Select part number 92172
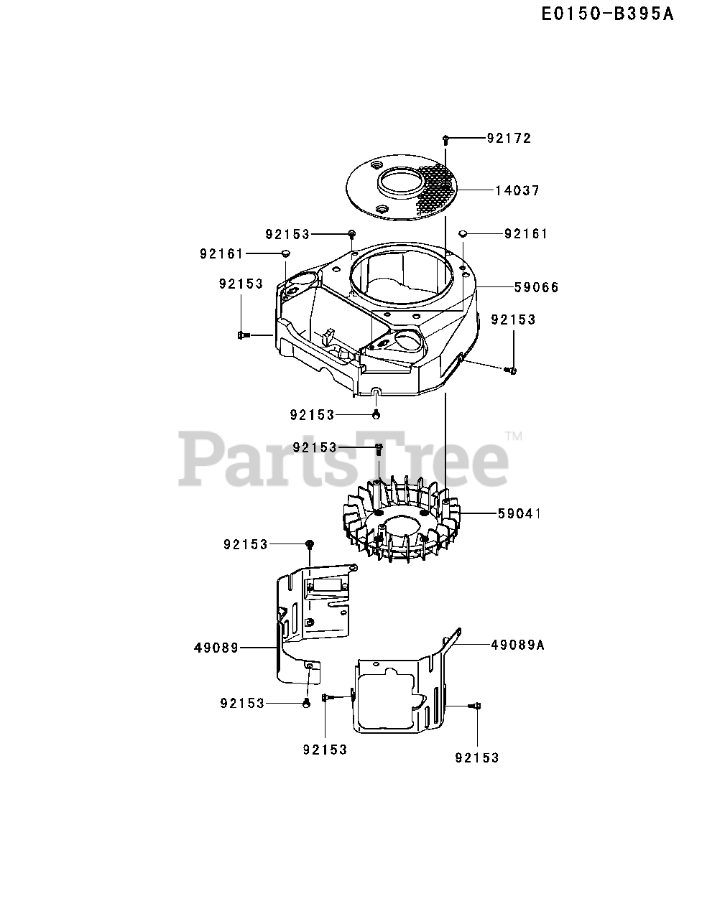509,138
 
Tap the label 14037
517,190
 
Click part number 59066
536,287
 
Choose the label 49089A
517,645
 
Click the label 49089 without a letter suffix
216,648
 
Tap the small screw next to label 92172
446,137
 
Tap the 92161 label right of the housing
526,233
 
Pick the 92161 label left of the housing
221,253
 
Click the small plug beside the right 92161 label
463,233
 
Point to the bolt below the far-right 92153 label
512,370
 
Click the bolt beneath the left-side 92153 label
243,334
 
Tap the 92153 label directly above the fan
315,447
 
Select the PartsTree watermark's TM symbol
514,436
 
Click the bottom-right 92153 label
476,757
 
